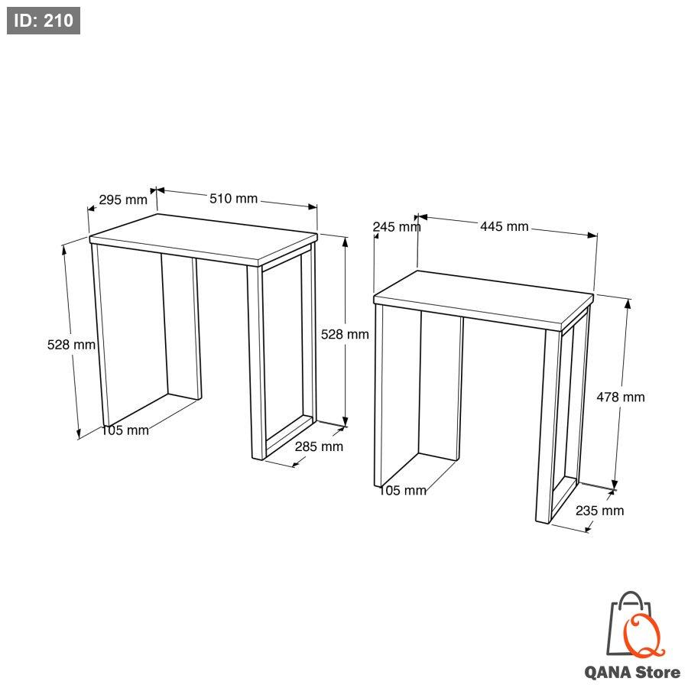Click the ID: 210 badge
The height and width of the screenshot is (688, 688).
(44, 21)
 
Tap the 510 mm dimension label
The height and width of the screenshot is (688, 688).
(233, 198)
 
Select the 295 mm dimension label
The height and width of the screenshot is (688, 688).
(123, 200)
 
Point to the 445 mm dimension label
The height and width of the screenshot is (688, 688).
(505, 226)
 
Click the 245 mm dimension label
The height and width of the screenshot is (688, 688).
(397, 227)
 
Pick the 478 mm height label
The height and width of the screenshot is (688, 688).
(621, 397)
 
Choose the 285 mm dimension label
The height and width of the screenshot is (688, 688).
(319, 446)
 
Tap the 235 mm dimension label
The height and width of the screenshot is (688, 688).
(599, 511)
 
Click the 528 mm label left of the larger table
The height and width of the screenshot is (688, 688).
(71, 345)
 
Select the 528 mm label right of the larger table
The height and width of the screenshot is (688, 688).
(345, 334)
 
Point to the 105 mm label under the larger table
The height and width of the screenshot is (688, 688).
(125, 430)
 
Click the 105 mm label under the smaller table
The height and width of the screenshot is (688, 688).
(402, 490)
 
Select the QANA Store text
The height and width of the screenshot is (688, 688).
(632, 672)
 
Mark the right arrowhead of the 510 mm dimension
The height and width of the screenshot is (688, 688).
(313, 206)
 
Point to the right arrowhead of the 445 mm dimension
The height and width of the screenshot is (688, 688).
(592, 235)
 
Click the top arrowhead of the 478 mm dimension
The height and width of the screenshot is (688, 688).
(628, 303)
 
